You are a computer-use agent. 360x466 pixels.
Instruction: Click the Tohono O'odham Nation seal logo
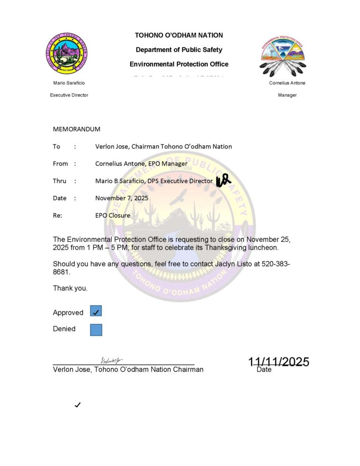coord(67,55)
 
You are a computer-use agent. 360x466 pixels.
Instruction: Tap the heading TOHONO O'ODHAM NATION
coord(179,35)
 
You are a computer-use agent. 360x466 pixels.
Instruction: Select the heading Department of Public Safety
coord(179,50)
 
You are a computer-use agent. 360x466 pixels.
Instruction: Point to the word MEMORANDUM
coord(76,129)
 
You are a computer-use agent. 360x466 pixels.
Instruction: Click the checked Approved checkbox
coord(96,311)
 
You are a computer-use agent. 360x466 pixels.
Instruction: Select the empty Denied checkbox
coord(96,330)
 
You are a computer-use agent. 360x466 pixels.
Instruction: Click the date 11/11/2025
coord(278,361)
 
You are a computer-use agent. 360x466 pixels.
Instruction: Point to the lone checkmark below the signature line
coord(78,405)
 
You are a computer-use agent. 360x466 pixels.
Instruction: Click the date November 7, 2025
coord(121,198)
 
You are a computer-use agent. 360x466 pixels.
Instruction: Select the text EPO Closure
coord(112,216)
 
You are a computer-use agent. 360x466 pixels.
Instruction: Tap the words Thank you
coord(70,288)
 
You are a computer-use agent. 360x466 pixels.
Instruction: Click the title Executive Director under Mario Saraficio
coord(69,95)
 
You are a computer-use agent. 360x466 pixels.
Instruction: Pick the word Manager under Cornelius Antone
coord(287,95)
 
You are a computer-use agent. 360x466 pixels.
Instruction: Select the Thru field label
coord(59,181)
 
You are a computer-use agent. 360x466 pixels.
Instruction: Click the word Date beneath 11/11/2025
coord(264,370)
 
